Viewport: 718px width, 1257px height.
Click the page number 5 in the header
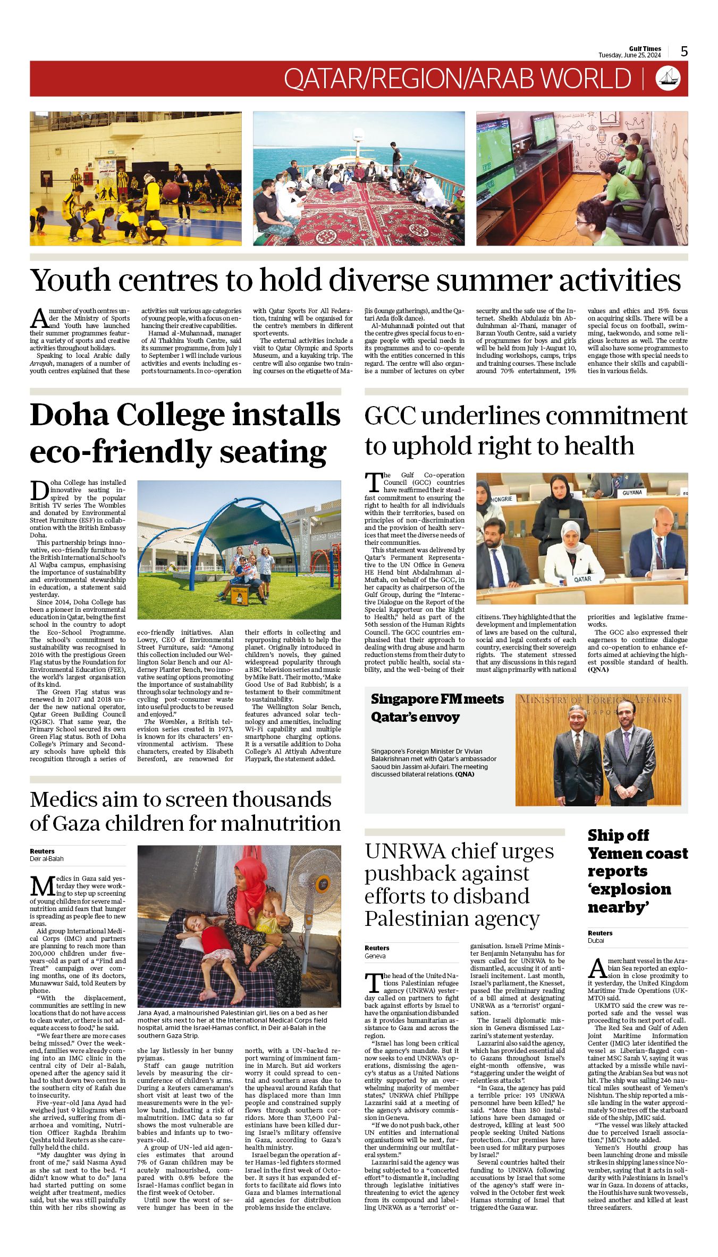point(684,52)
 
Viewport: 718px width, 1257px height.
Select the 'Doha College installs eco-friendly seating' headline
point(185,433)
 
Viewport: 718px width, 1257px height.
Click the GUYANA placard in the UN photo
point(632,493)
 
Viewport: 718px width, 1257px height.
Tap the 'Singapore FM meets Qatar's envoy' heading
point(437,708)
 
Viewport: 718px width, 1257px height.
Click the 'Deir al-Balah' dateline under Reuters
point(46,859)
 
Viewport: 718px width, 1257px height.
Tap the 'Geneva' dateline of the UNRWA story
point(375,956)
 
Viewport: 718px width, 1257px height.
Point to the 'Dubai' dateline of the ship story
point(596,941)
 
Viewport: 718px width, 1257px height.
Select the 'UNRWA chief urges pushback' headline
point(452,884)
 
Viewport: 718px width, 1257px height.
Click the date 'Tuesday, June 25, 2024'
point(630,55)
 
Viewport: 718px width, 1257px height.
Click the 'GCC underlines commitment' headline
point(526,431)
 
